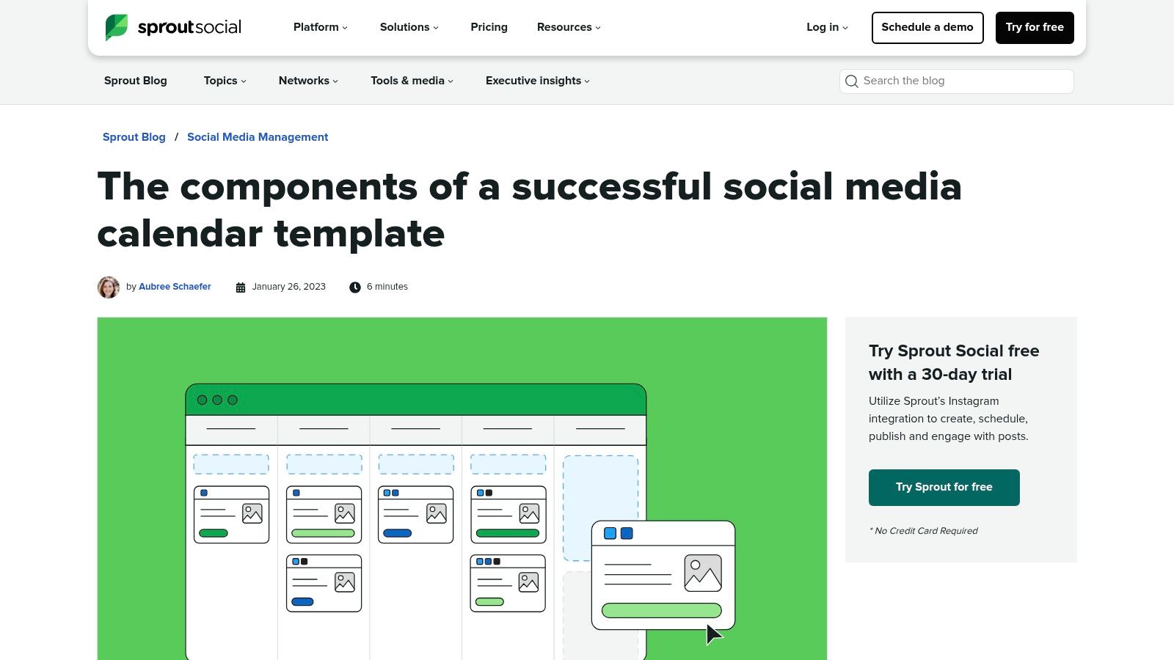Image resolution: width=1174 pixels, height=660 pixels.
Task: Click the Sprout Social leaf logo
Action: pos(116,27)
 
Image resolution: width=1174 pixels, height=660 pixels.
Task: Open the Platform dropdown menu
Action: pos(320,27)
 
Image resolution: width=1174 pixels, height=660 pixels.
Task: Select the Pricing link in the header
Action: pos(489,27)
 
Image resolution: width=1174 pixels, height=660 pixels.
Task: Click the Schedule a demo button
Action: pos(927,28)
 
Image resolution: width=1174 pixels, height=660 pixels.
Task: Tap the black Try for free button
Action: pos(1034,28)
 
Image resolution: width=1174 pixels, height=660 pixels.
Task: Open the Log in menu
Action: pos(827,27)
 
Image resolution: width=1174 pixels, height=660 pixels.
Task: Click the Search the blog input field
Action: pos(961,81)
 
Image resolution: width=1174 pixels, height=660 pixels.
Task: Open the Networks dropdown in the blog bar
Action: pos(308,81)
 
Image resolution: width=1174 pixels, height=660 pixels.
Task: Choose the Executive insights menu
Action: pos(537,81)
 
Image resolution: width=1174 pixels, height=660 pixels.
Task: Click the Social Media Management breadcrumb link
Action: pos(258,137)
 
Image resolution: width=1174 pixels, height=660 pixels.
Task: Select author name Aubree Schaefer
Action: pos(175,287)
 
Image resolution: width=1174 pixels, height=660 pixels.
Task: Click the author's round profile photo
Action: pos(109,287)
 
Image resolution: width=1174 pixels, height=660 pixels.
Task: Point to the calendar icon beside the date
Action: pos(241,287)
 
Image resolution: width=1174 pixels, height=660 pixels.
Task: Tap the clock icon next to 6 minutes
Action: pos(355,287)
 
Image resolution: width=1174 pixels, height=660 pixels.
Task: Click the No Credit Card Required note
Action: pos(924,531)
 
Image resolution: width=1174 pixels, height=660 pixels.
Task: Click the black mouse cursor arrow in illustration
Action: pos(712,634)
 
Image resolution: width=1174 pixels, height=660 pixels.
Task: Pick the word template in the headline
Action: pos(359,235)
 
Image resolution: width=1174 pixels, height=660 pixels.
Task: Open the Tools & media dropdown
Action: pos(412,81)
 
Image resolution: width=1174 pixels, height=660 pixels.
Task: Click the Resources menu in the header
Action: pos(569,27)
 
